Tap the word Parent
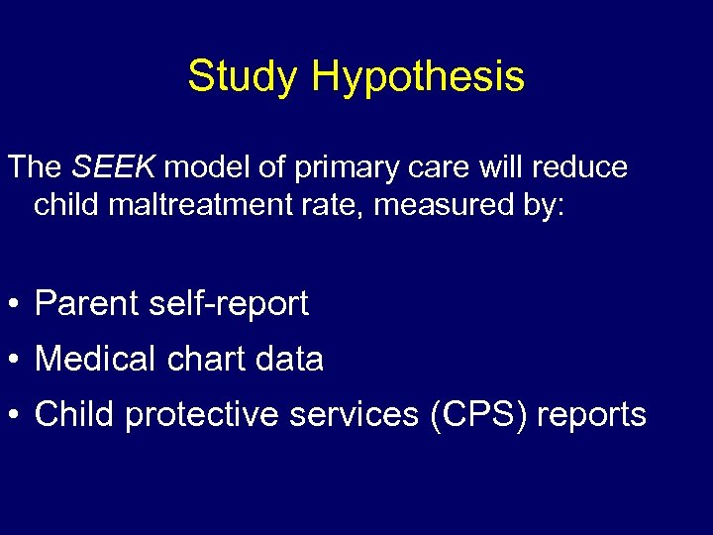pos(86,304)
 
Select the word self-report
pos(229,304)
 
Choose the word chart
pos(207,359)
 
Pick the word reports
pos(591,416)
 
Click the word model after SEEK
pos(207,166)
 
